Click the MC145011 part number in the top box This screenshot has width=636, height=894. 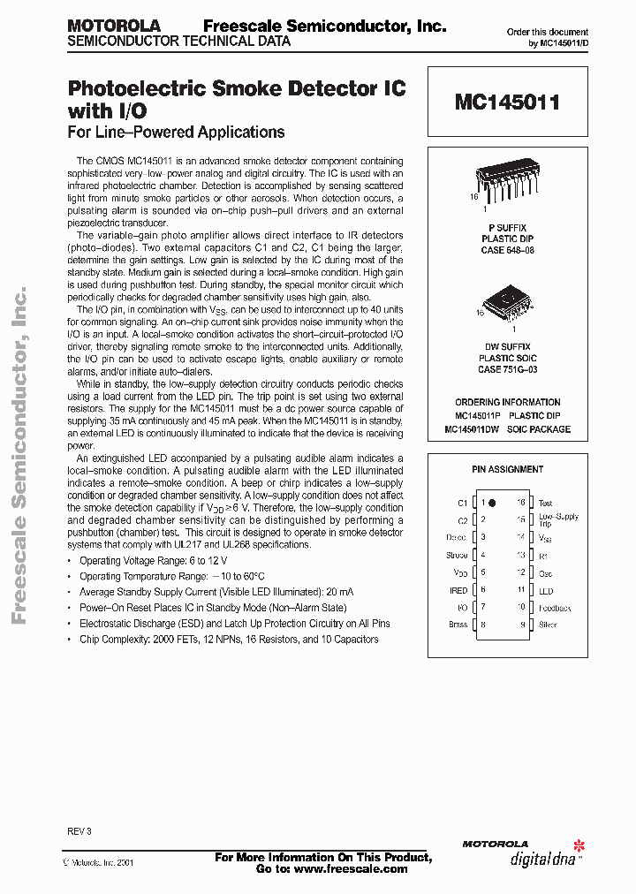click(x=507, y=102)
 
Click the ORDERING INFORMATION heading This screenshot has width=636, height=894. click(x=507, y=402)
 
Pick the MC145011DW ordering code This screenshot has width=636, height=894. click(x=477, y=429)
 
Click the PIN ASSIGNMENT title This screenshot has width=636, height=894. click(x=507, y=469)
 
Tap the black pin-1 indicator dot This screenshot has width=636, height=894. click(x=492, y=503)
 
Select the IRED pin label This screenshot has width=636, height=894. click(x=458, y=589)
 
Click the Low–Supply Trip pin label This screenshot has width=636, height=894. click(x=558, y=519)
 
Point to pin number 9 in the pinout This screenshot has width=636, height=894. click(x=522, y=624)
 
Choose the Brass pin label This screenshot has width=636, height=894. click(x=458, y=624)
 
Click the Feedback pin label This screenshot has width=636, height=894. click(x=555, y=607)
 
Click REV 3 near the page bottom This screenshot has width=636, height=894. click(x=79, y=831)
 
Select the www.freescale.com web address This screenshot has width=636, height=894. click(x=351, y=868)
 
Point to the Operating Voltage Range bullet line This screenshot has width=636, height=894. click(x=153, y=561)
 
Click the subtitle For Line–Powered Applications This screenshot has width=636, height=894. click(x=176, y=133)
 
